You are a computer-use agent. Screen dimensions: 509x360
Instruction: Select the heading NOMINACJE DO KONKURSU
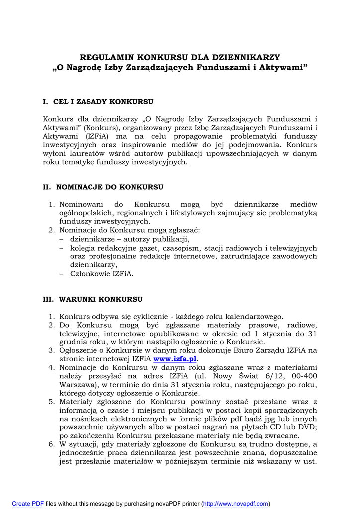coord(109,187)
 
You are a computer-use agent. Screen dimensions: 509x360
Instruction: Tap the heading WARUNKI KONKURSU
coord(100,299)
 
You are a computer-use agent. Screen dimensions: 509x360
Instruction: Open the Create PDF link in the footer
coord(28,504)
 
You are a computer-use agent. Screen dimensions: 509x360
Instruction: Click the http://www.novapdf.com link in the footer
coord(236,504)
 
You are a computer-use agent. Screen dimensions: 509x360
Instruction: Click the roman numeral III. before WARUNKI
coord(48,299)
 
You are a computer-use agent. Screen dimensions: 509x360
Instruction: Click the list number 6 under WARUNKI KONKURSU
coord(51,444)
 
